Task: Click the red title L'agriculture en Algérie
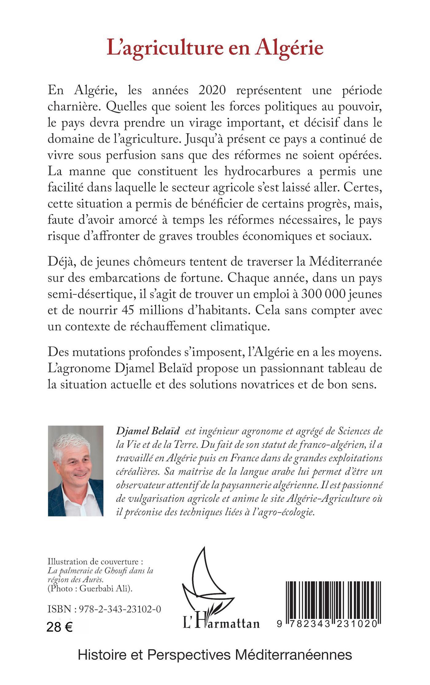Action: [x=215, y=49]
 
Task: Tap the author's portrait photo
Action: [x=76, y=471]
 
